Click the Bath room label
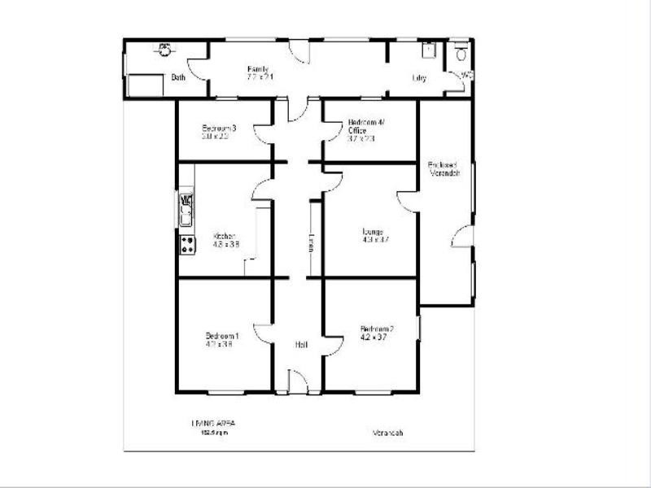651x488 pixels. pos(178,78)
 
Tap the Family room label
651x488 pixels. pos(258,69)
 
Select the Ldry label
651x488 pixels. pos(420,78)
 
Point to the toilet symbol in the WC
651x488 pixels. pos(461,54)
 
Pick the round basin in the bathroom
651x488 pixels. pos(165,49)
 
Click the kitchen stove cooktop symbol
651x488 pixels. pos(187,243)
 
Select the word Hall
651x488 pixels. pos(301,345)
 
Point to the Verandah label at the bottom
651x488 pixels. pos(387,433)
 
